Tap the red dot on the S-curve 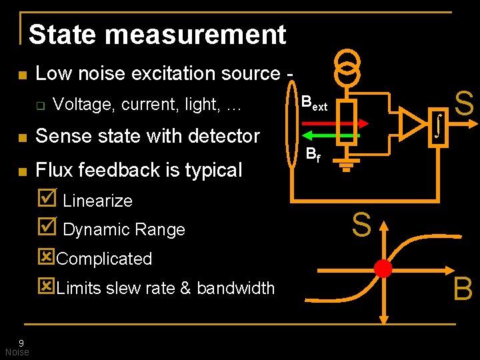click(x=383, y=268)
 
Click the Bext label click(x=314, y=103)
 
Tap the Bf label click(x=313, y=155)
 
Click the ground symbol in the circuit click(x=345, y=165)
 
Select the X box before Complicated click(x=47, y=257)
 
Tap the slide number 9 click(x=21, y=343)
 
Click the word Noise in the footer click(x=17, y=352)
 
